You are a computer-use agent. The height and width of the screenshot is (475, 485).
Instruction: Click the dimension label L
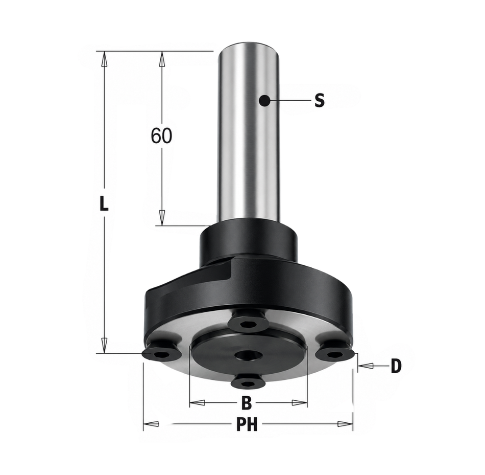coord(105,204)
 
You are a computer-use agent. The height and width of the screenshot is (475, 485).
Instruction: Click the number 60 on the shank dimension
coord(161,135)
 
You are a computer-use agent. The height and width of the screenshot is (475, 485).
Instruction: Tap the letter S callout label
coord(320,100)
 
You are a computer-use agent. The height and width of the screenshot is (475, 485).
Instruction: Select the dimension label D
coord(396,366)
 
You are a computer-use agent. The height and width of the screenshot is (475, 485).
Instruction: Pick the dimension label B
coord(246,403)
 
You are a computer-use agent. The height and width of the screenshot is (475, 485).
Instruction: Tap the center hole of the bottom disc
coord(247,355)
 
